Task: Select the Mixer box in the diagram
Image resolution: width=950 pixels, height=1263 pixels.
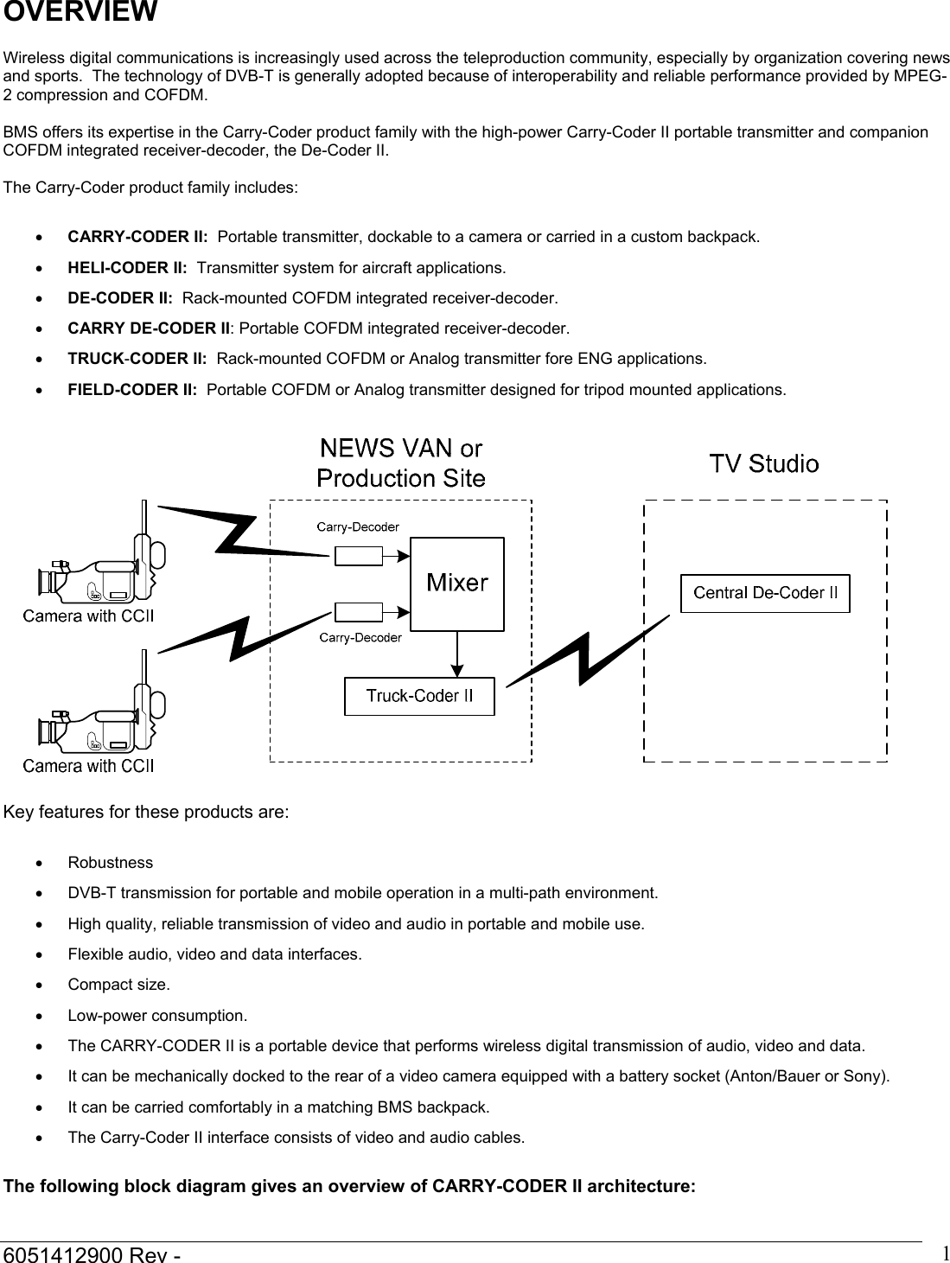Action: [x=456, y=584]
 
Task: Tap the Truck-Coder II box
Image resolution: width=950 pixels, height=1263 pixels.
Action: [x=419, y=697]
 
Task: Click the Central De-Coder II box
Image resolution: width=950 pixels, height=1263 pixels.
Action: [x=765, y=594]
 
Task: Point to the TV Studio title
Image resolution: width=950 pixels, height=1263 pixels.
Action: [x=764, y=464]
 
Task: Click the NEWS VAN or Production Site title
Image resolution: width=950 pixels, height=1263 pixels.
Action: [x=401, y=463]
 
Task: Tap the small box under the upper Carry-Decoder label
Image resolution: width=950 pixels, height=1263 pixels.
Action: [x=358, y=556]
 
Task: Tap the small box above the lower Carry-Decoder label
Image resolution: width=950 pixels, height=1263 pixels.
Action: [x=358, y=611]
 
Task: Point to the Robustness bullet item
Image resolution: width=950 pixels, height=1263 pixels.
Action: [x=111, y=863]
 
